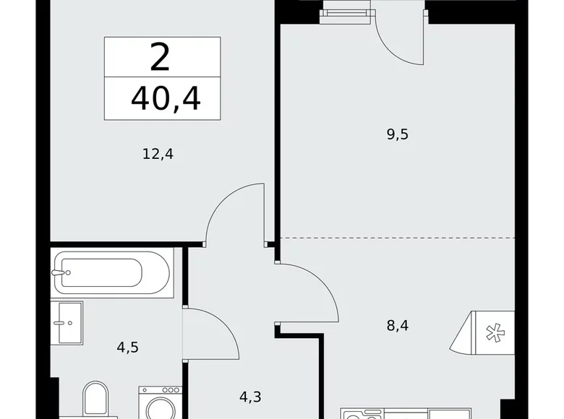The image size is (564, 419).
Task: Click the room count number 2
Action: coord(161,58)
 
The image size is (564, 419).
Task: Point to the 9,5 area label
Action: coord(397,134)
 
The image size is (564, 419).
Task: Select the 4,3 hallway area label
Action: coord(250,396)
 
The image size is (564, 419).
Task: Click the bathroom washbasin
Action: coord(67,324)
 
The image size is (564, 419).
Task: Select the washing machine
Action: coord(160,402)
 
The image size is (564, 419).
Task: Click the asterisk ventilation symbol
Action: coord(494,333)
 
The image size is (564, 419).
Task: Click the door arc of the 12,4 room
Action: coord(231,209)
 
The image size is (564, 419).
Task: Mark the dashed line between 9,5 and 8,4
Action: coord(397,237)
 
